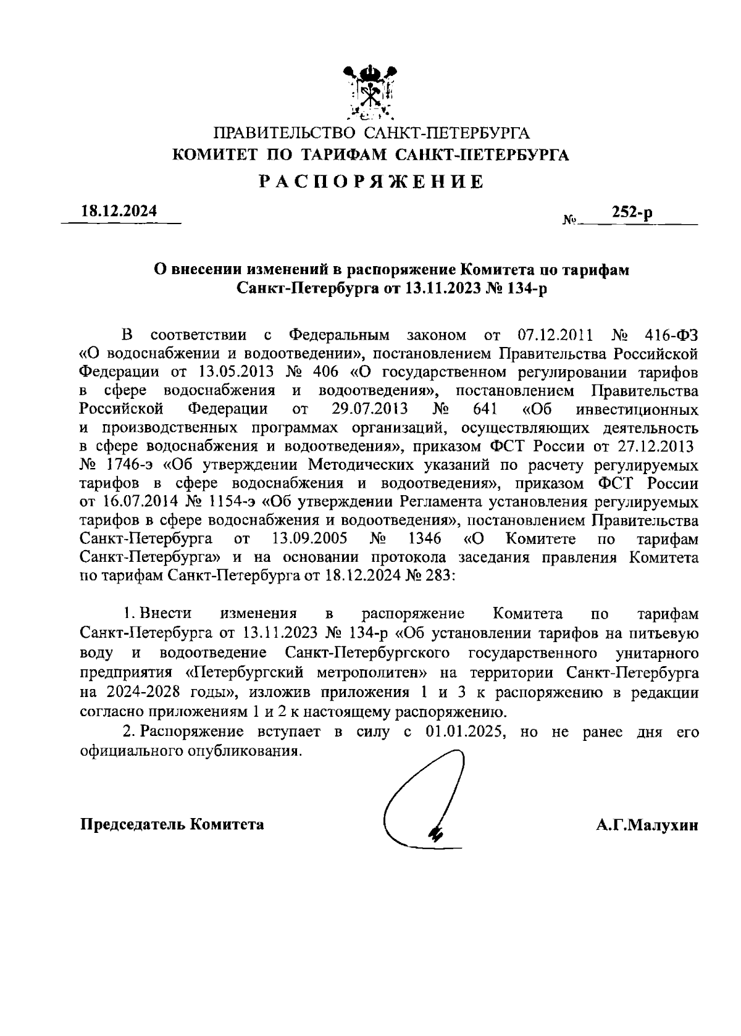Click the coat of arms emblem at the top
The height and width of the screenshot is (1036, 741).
click(x=370, y=93)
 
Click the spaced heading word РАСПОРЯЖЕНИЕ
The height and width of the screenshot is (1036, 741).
click(x=371, y=182)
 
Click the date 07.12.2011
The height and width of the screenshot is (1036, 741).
click(x=554, y=335)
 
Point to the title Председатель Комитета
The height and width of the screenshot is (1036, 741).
click(x=172, y=825)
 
